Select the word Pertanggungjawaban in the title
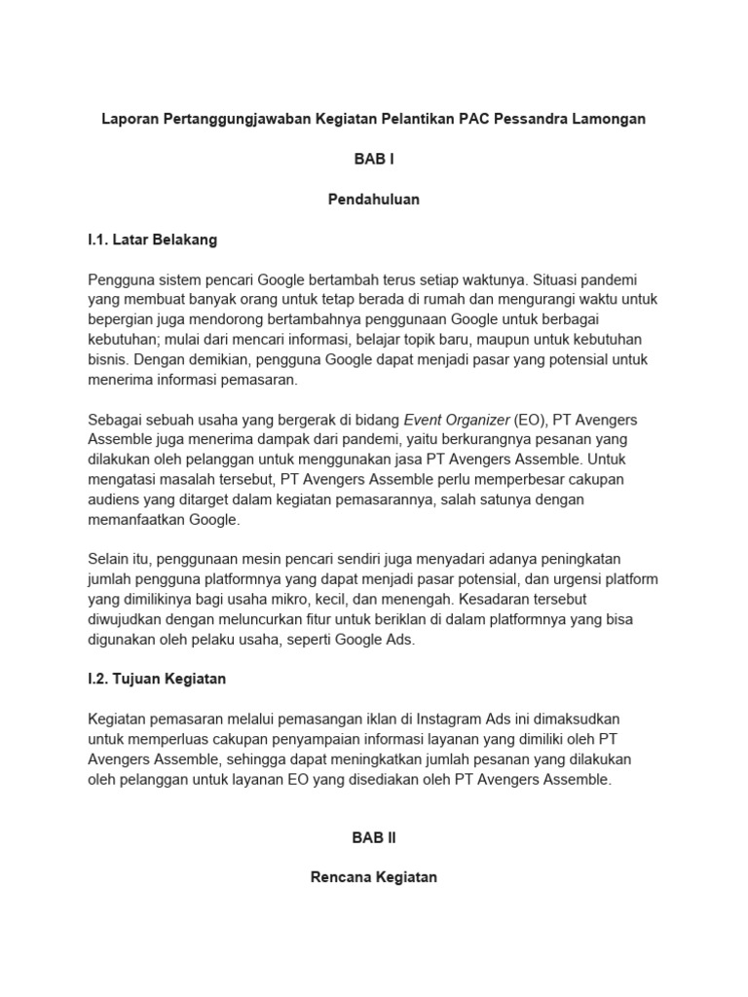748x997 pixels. [x=244, y=119]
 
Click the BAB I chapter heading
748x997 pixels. [x=373, y=159]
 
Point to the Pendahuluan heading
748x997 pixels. [x=373, y=199]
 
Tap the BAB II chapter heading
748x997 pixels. [x=373, y=837]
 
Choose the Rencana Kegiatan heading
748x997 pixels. [x=373, y=877]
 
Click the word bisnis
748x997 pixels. [x=107, y=359]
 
